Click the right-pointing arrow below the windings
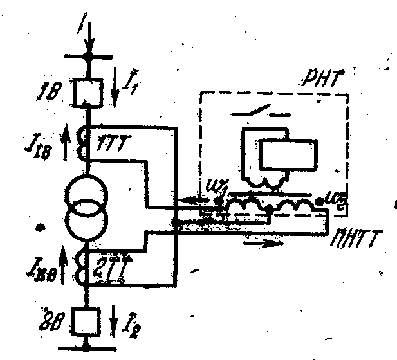point(264,244)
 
